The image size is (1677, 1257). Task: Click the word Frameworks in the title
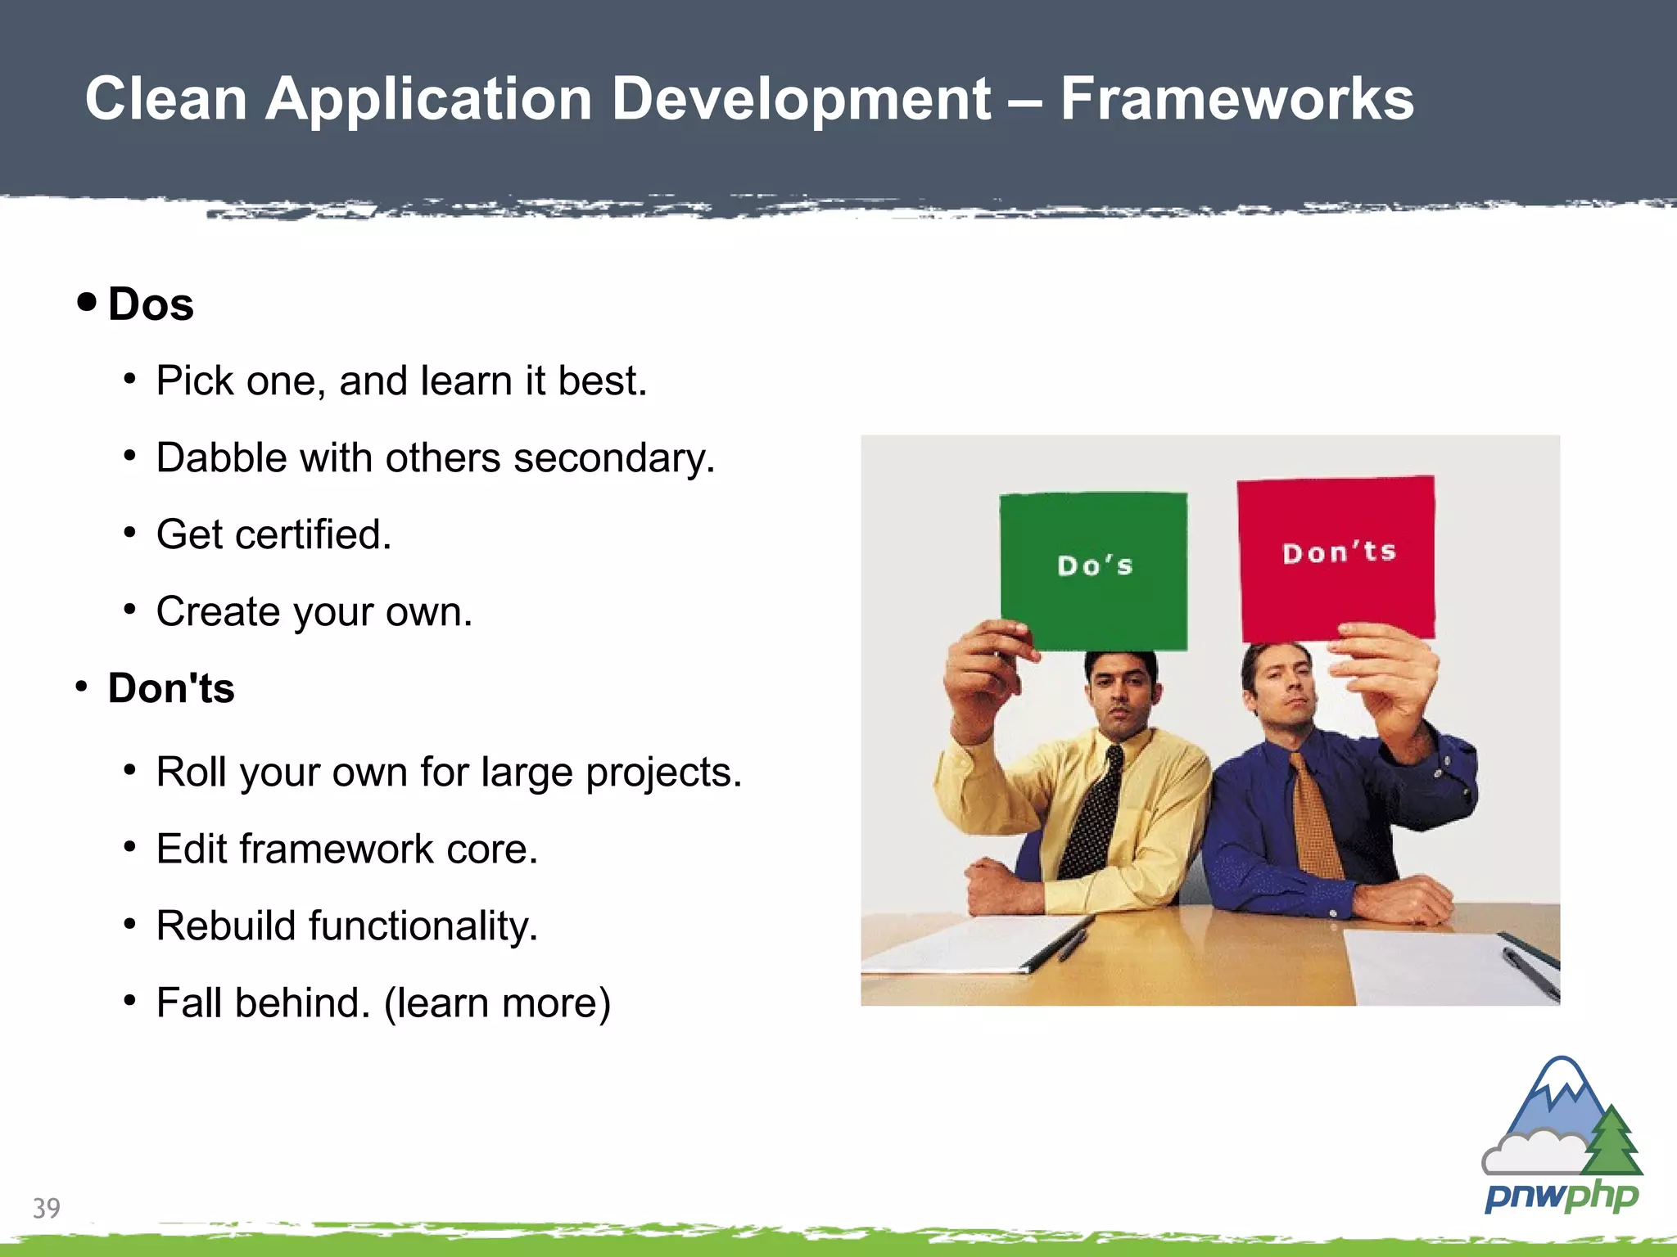point(1236,100)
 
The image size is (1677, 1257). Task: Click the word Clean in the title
point(166,100)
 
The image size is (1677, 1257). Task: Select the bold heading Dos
point(151,305)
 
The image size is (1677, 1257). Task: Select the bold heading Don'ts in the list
point(171,688)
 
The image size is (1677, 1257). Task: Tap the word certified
point(314,535)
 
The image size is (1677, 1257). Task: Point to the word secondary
point(614,458)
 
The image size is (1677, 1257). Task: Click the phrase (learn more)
point(498,1003)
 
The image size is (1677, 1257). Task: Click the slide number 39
point(47,1208)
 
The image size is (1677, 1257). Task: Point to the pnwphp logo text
point(1561,1196)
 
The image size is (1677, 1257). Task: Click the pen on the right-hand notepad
point(1531,975)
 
